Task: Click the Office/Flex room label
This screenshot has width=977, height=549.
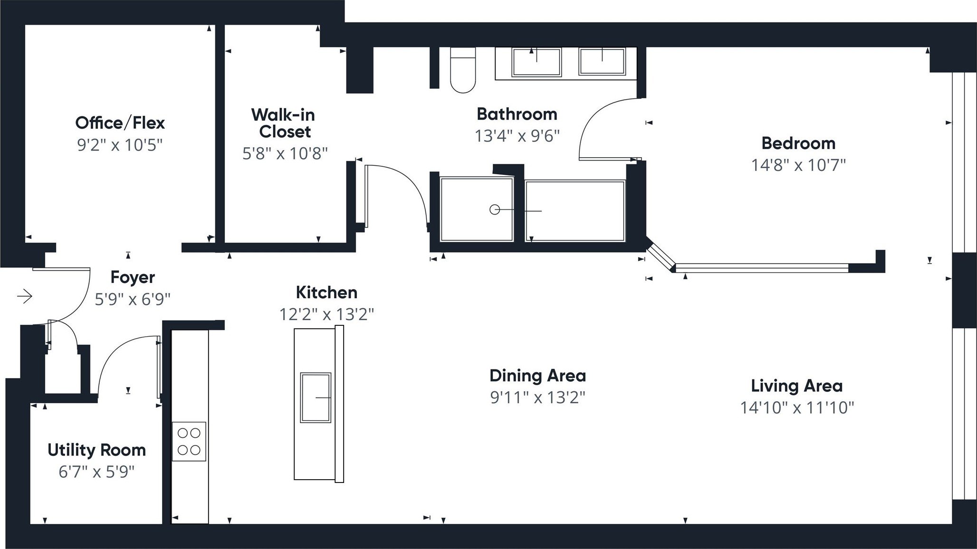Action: click(x=120, y=123)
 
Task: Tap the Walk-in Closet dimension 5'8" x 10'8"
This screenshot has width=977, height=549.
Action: click(x=285, y=153)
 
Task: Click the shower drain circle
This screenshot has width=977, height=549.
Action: click(x=495, y=209)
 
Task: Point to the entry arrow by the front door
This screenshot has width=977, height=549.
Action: click(x=25, y=297)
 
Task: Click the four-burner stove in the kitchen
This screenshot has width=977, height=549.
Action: click(x=189, y=441)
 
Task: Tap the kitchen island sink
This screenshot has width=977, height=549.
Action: click(x=316, y=398)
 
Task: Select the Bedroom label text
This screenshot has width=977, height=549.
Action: click(x=798, y=143)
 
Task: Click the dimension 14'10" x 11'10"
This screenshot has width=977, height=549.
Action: click(x=797, y=407)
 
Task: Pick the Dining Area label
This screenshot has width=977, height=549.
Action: click(x=537, y=376)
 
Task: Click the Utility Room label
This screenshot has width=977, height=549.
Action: click(x=96, y=450)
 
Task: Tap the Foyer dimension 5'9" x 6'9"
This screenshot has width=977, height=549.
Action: click(x=133, y=299)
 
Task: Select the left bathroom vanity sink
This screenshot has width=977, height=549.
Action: click(x=536, y=62)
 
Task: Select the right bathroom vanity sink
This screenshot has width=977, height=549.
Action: click(x=602, y=62)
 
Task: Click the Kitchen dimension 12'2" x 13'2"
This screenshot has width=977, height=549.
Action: click(x=326, y=314)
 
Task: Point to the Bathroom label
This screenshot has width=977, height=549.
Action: click(x=517, y=114)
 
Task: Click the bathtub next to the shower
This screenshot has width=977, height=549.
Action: click(x=575, y=210)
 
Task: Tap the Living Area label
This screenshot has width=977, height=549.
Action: click(x=796, y=386)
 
